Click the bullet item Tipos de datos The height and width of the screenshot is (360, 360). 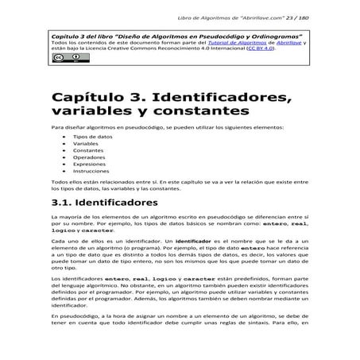tap(87, 136)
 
